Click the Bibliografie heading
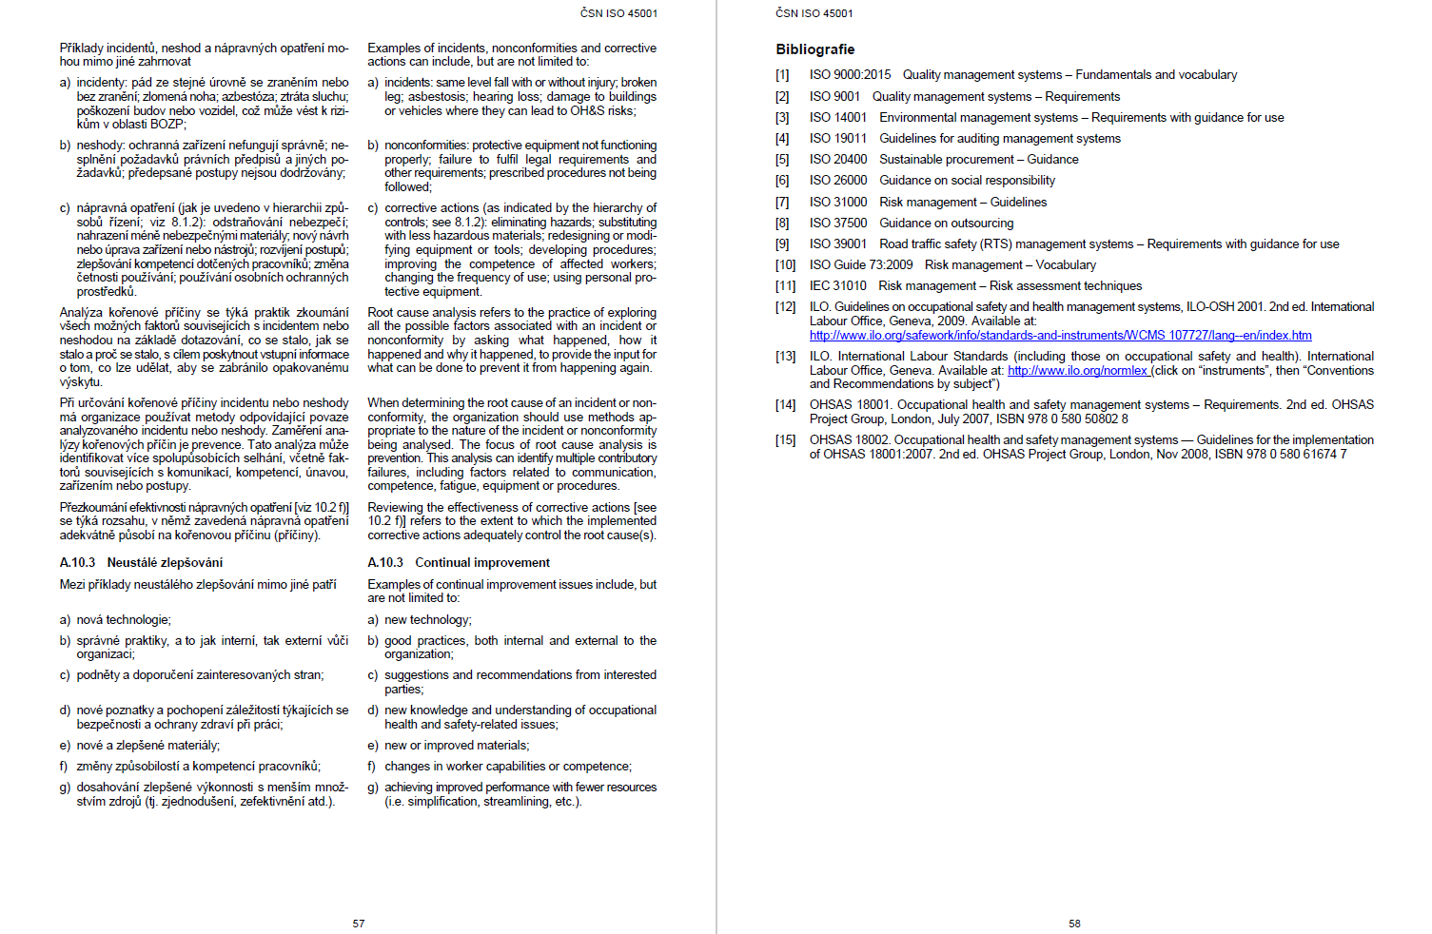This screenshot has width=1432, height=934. [814, 49]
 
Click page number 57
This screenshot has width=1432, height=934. [359, 924]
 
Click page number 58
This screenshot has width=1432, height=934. [1074, 924]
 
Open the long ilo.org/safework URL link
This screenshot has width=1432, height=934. [1060, 336]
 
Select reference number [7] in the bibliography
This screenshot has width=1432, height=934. [782, 203]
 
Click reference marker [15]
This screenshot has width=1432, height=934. [785, 440]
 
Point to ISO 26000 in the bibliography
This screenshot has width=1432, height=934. [838, 181]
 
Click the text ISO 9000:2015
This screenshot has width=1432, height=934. [850, 75]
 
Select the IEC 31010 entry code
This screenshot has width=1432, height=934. [838, 286]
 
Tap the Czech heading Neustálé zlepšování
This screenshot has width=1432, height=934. [165, 563]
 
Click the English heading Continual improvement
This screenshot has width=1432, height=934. [482, 563]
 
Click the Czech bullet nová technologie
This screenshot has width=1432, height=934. [124, 620]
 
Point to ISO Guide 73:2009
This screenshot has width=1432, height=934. [861, 265]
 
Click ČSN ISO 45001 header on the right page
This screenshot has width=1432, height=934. [814, 13]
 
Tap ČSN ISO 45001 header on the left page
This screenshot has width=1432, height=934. [618, 13]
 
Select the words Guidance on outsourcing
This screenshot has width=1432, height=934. [946, 224]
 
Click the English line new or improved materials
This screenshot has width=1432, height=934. [457, 746]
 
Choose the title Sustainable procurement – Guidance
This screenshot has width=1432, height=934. [978, 160]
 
